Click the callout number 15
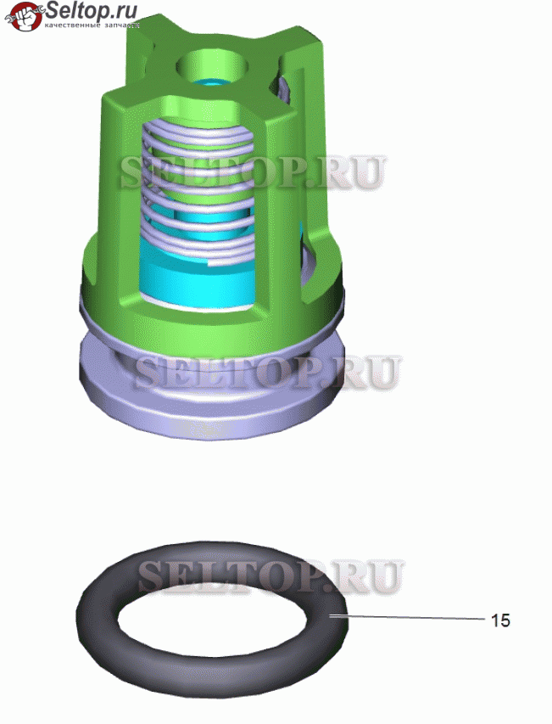pyautogui.click(x=500, y=620)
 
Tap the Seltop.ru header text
pyautogui.click(x=92, y=10)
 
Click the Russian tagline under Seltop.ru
pyautogui.click(x=92, y=25)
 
